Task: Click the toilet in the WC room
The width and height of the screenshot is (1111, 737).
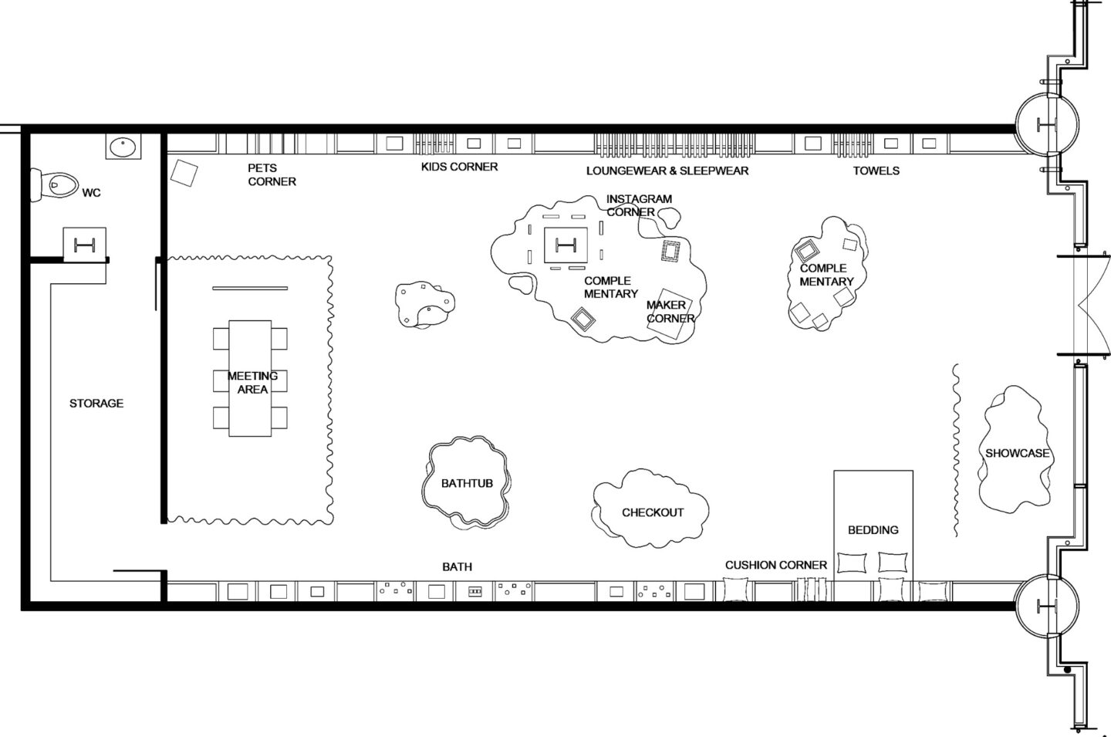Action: pos(55,185)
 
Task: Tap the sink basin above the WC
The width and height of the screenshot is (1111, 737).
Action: pos(123,147)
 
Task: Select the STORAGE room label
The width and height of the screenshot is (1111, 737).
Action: pos(96,403)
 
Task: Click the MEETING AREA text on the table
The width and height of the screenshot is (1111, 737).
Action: pos(252,382)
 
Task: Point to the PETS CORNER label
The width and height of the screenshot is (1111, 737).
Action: pos(272,174)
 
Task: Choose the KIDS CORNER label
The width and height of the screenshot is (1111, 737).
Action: pos(459,167)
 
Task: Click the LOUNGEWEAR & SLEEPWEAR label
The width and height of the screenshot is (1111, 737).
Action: pos(667,171)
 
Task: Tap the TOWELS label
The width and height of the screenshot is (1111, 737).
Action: pos(876,171)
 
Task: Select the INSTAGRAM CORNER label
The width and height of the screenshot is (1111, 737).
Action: pos(639,205)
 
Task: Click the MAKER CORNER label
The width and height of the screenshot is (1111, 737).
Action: pos(670,312)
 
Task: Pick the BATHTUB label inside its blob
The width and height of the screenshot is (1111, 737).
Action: pos(467,483)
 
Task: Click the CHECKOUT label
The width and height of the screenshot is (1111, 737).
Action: pos(653,512)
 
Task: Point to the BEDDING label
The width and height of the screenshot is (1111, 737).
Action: pos(873,530)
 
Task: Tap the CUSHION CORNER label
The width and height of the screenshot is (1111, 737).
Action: pos(775,565)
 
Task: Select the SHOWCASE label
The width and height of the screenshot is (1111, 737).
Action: pos(1017,453)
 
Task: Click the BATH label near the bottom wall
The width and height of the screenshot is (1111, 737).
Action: pos(457,566)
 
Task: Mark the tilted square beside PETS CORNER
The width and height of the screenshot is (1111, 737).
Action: pos(184,173)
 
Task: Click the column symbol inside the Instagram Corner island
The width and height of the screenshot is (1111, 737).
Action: pos(566,245)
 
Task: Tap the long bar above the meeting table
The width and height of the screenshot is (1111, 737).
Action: pos(250,288)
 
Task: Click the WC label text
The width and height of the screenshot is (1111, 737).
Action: pos(91,192)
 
